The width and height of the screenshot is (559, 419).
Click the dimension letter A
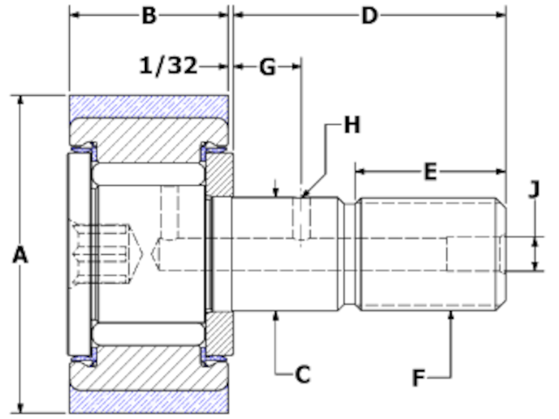click(x=21, y=255)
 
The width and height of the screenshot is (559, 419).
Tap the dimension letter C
click(x=302, y=374)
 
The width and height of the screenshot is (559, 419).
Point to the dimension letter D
click(x=369, y=16)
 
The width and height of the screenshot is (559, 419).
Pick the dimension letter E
click(x=430, y=171)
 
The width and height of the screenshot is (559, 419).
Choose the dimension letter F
click(x=420, y=378)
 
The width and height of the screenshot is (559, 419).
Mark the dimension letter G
click(x=267, y=65)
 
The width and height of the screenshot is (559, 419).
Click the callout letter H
click(x=350, y=126)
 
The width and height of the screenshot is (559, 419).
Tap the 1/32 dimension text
click(x=168, y=65)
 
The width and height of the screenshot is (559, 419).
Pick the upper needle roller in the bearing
click(x=148, y=175)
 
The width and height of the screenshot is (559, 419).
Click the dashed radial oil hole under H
click(x=300, y=218)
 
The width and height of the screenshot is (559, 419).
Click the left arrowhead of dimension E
click(x=359, y=171)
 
